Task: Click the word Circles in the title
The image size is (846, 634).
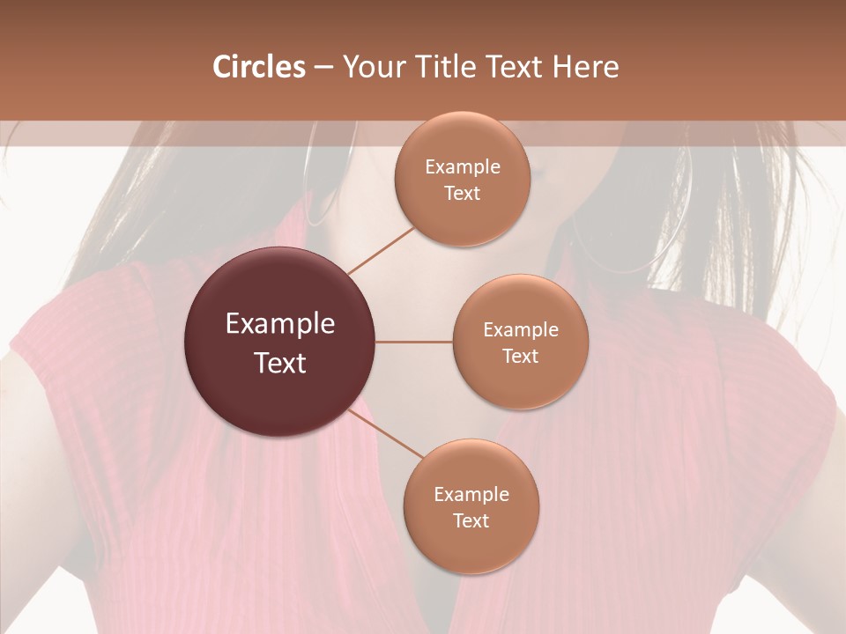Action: pos(258,67)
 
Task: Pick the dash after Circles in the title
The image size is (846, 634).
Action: pos(323,68)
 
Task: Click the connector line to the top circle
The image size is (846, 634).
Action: pos(381,250)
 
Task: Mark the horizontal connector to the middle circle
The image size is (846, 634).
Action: pos(414,342)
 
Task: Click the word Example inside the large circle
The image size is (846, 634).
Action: pos(280,324)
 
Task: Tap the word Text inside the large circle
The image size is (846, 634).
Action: pos(280,363)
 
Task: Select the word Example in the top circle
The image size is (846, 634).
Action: pos(462,167)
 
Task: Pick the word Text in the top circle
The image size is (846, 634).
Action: pos(462,194)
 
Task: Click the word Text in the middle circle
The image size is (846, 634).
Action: pos(521,357)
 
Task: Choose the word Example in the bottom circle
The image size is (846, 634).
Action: pos(471,495)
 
